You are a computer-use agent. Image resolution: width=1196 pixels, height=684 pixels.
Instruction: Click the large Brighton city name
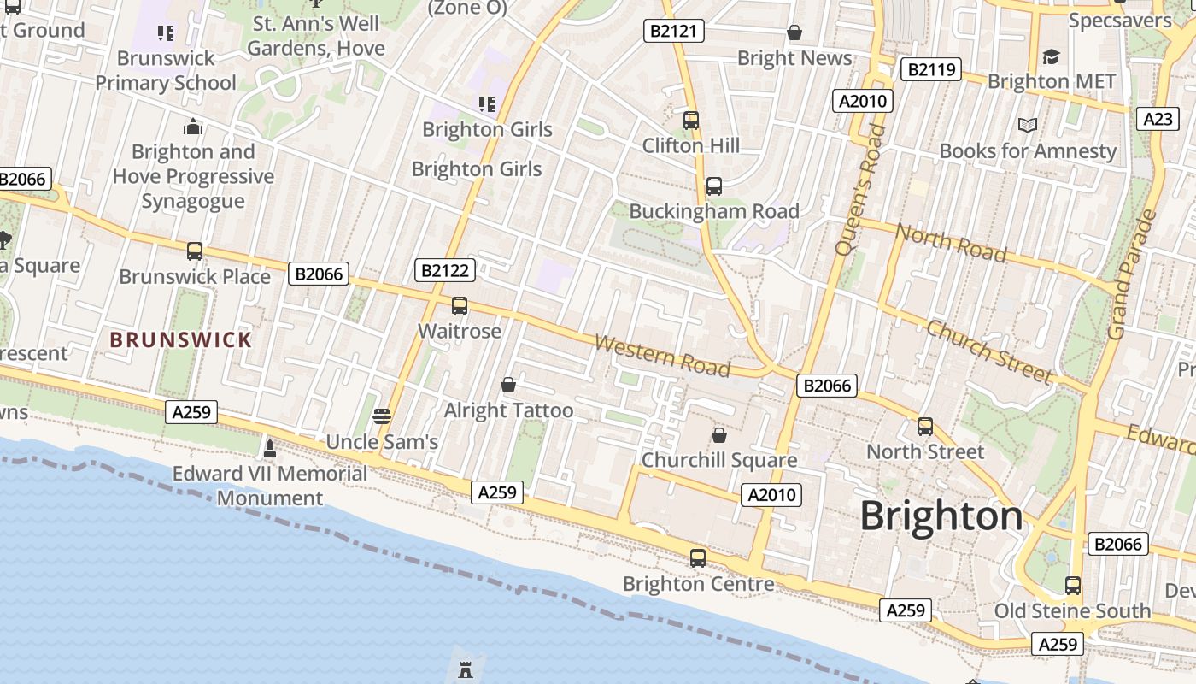click(941, 516)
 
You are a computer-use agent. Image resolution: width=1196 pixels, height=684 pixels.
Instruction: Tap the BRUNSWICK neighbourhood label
click(181, 339)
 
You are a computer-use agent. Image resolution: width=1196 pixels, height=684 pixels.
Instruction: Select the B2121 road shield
click(673, 32)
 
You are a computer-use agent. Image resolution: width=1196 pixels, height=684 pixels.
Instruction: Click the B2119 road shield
click(931, 69)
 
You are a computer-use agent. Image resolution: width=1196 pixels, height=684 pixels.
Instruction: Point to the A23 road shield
click(1158, 119)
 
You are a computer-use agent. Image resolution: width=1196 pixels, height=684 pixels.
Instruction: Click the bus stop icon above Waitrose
click(460, 306)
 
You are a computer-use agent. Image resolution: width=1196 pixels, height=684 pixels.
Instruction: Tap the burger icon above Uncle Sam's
click(382, 416)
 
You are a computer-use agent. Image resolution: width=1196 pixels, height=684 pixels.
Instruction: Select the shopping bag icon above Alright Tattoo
click(508, 386)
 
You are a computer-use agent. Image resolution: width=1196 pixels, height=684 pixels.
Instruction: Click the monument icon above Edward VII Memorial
click(270, 448)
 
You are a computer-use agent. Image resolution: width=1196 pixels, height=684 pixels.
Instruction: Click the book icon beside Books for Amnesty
click(1028, 126)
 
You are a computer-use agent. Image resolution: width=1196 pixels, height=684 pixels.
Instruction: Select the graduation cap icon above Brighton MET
click(1051, 56)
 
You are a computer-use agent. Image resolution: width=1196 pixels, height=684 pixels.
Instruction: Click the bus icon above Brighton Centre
click(698, 558)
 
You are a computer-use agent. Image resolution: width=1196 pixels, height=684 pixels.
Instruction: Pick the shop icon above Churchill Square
click(719, 435)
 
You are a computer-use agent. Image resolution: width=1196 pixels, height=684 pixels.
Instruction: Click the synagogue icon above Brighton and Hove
click(193, 127)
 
